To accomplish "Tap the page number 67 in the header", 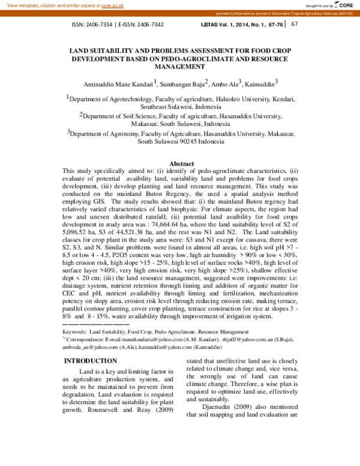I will coord(294,25).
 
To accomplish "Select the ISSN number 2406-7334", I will coord(99,25).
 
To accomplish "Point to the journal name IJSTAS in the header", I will coord(209,25).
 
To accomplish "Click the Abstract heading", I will coord(182,164).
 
